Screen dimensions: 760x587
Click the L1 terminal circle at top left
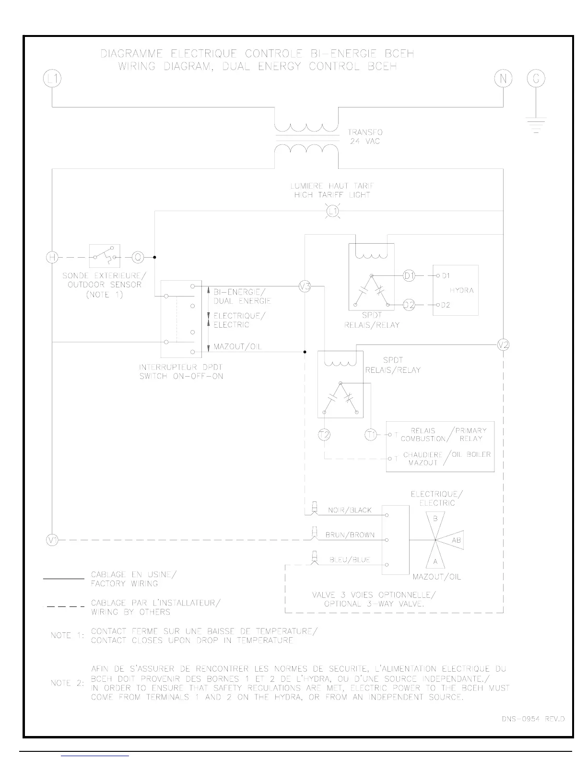(52, 78)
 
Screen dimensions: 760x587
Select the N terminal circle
(503, 78)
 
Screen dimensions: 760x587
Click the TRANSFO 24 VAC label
(365, 137)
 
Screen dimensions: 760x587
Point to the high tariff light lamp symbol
(333, 211)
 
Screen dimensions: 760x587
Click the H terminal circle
(51, 257)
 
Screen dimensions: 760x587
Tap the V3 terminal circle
(305, 286)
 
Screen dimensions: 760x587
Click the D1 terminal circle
(409, 276)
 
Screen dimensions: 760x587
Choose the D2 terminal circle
(409, 305)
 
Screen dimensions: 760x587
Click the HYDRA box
(456, 290)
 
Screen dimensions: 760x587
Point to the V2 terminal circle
(503, 344)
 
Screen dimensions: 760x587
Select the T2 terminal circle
(325, 435)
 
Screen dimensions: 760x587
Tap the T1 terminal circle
(371, 435)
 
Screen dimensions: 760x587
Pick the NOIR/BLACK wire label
(350, 510)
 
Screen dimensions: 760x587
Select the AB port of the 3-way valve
(456, 540)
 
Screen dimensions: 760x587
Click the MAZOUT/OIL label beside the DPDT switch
(237, 346)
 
